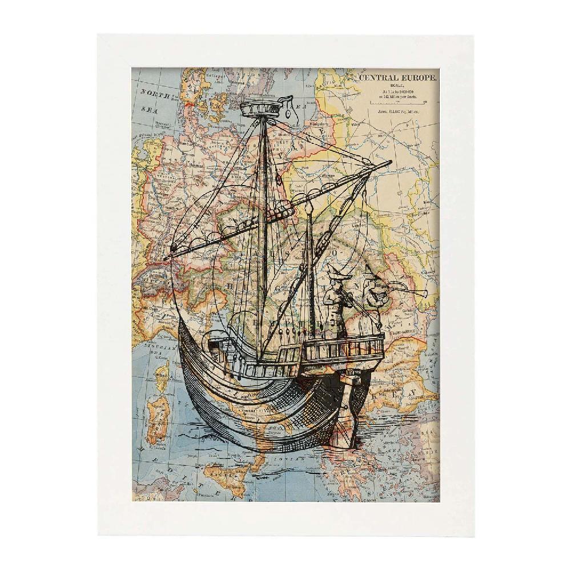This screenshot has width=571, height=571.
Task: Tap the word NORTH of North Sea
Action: pos(155,95)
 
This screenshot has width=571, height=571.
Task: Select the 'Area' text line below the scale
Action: pos(397,112)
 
